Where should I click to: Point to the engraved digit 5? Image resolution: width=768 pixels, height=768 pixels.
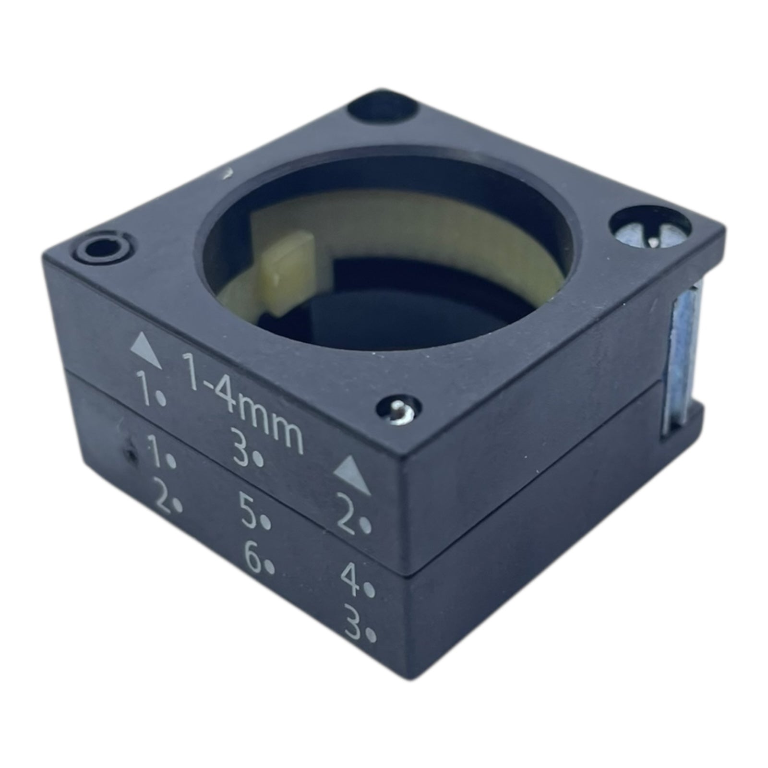coord(251,514)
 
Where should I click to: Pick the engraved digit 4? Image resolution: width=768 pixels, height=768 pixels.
coord(354,579)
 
